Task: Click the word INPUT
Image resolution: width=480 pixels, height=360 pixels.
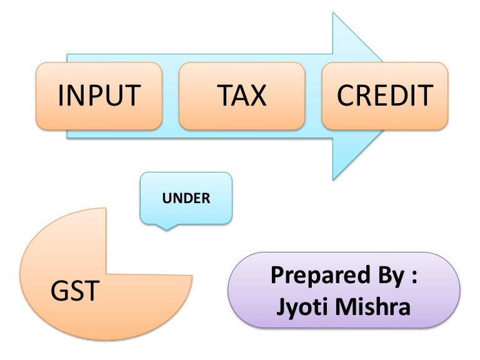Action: point(99,96)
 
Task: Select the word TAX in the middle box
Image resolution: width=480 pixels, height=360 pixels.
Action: point(242,96)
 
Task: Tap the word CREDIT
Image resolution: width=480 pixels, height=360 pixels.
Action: point(385,96)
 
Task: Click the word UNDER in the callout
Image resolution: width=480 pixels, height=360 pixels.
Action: point(186,199)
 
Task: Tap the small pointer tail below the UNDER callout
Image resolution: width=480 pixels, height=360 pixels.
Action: point(166,228)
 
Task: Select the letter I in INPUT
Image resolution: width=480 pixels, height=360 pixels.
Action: point(61,96)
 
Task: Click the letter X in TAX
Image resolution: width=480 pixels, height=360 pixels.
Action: point(258,96)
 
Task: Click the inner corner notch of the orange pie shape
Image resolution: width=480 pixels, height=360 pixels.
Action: point(107,274)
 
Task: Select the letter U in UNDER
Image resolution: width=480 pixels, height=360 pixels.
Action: point(166,199)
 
